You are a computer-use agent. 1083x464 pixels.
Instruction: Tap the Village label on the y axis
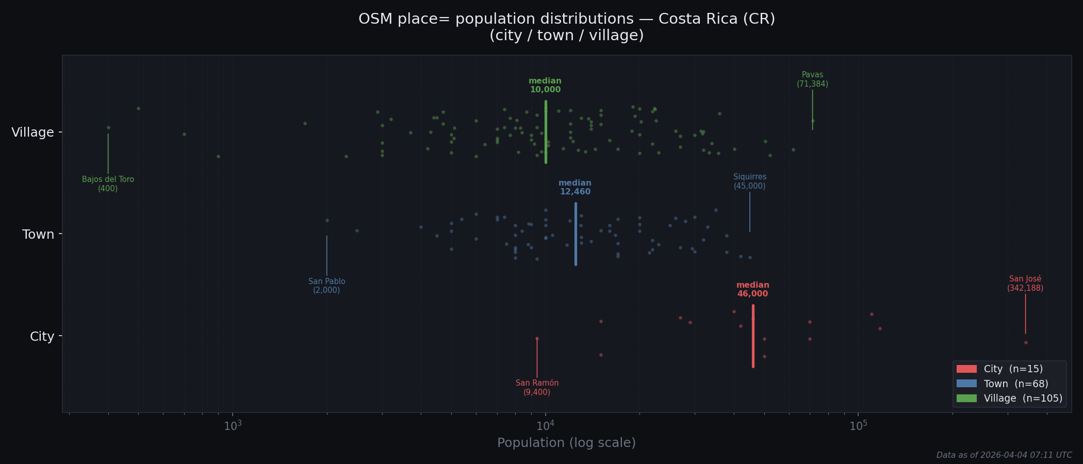(32, 132)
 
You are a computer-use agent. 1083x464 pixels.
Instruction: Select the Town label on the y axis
(38, 235)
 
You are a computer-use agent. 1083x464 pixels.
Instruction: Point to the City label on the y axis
(42, 337)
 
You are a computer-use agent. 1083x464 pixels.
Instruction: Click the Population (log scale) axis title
(566, 443)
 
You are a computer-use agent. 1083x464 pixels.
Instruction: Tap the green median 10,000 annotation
(545, 86)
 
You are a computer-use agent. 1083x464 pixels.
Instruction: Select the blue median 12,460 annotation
(575, 188)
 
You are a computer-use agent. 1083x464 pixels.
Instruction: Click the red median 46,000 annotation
(752, 290)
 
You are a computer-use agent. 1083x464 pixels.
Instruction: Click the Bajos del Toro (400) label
(108, 184)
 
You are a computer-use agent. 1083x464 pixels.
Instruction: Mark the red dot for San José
(1026, 342)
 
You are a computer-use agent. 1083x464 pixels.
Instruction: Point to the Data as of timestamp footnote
(1004, 455)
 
